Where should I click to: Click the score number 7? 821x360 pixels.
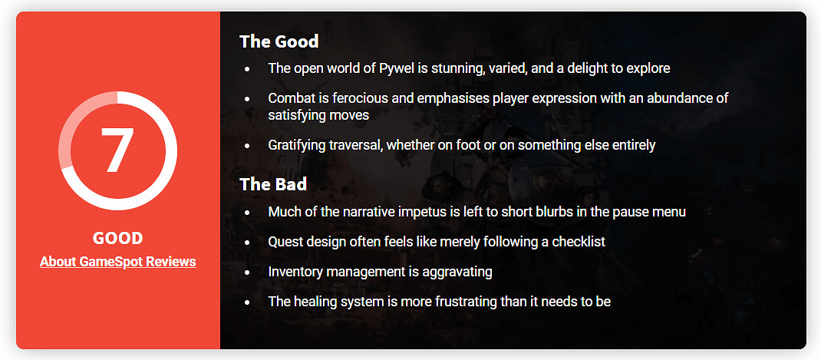117,150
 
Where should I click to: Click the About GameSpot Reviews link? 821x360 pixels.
118,262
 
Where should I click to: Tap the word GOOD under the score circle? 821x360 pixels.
118,239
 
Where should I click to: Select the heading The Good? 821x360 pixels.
279,41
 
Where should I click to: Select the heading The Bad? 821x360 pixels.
273,184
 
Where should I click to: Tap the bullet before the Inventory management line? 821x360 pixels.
247,272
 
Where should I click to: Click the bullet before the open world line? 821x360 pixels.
247,69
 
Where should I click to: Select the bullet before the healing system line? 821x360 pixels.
247,302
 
